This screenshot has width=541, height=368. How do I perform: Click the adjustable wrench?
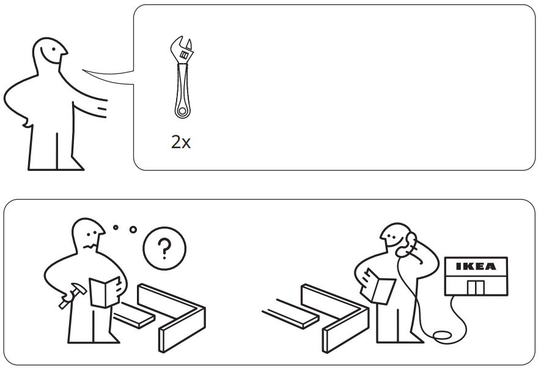[182, 80]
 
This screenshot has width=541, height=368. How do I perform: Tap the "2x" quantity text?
[181, 143]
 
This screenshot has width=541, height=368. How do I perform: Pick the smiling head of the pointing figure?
[48, 55]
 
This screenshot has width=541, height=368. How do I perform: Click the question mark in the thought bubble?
[164, 249]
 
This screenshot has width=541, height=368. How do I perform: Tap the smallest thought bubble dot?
[116, 227]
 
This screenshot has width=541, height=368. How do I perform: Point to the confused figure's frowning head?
[89, 236]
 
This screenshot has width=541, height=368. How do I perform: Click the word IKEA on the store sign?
[477, 267]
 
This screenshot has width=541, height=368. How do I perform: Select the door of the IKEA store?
[476, 287]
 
